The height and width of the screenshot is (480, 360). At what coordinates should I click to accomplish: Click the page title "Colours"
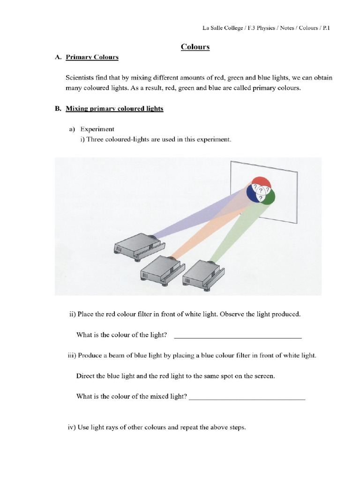coord(195,46)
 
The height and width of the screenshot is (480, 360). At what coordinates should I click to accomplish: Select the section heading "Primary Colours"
coord(92,57)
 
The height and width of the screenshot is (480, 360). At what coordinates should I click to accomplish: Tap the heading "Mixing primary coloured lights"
coord(114,108)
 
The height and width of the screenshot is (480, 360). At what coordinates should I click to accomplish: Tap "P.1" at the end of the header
coord(326,28)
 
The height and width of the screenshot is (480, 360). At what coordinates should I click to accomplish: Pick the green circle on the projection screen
coord(270,196)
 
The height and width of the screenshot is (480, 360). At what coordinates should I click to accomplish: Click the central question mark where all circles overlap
coord(261,191)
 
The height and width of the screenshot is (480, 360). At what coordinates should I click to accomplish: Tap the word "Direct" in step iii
coord(85,376)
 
